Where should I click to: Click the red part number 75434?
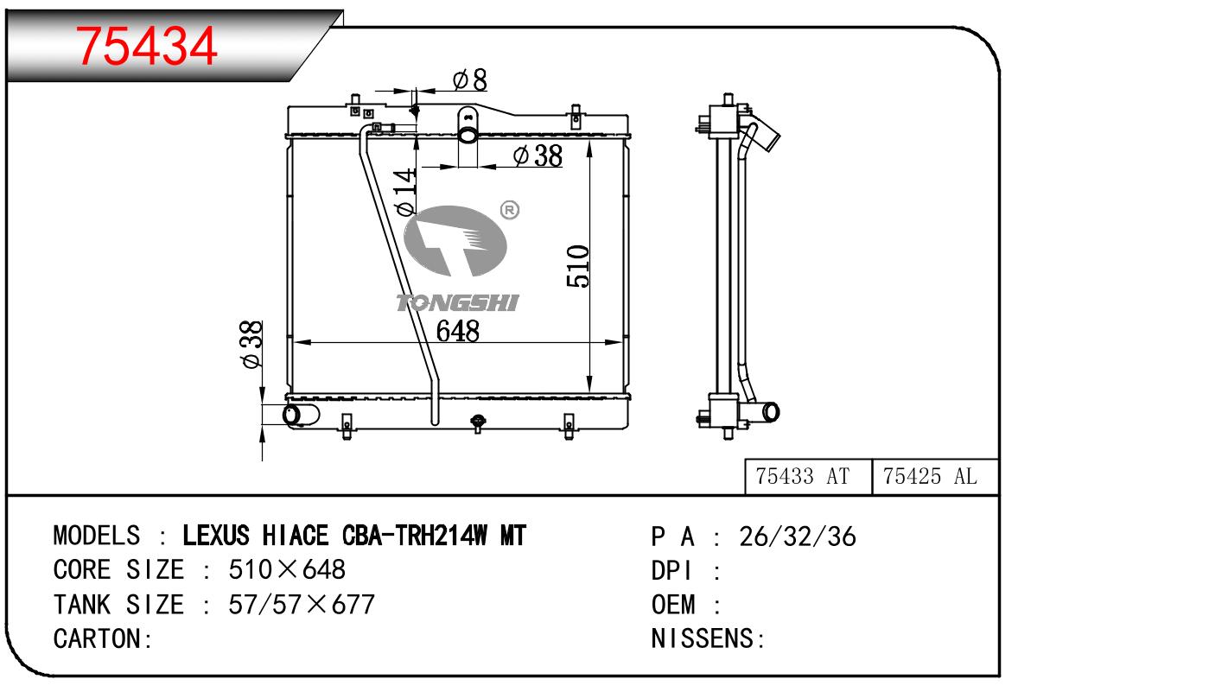(x=146, y=47)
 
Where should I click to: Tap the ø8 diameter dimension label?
(x=469, y=80)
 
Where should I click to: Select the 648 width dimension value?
(x=458, y=331)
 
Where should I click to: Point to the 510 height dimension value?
(x=578, y=266)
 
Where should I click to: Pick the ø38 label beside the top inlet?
(x=538, y=156)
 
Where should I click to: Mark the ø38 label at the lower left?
(x=251, y=345)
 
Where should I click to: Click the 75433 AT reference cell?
(x=802, y=476)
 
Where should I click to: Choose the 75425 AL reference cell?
(x=929, y=476)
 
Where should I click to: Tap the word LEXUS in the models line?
(x=216, y=536)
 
